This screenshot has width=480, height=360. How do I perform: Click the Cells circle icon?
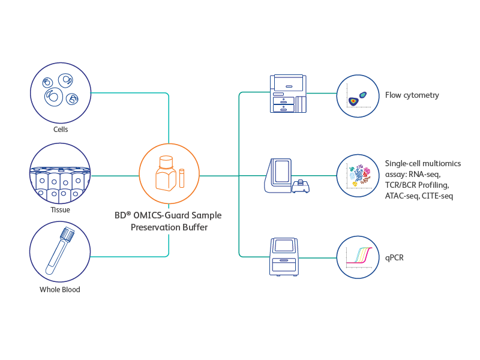tap(60, 92)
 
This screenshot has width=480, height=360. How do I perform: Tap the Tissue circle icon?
tap(60, 175)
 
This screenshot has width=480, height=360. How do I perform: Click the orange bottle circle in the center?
tap(169, 175)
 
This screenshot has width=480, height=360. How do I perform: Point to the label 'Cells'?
tap(60, 129)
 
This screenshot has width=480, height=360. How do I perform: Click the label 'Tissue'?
tap(60, 210)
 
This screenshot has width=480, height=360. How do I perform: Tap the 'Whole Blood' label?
tap(60, 289)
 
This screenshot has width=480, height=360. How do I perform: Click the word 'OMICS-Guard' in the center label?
tap(164, 215)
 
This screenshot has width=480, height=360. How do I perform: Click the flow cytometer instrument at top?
tap(288, 94)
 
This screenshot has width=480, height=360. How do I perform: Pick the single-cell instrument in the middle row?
tap(285, 176)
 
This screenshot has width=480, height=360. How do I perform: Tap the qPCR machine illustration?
tap(285, 256)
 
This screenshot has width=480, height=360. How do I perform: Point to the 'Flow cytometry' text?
tap(412, 95)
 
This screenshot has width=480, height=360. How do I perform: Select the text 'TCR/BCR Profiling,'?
tap(416, 185)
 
